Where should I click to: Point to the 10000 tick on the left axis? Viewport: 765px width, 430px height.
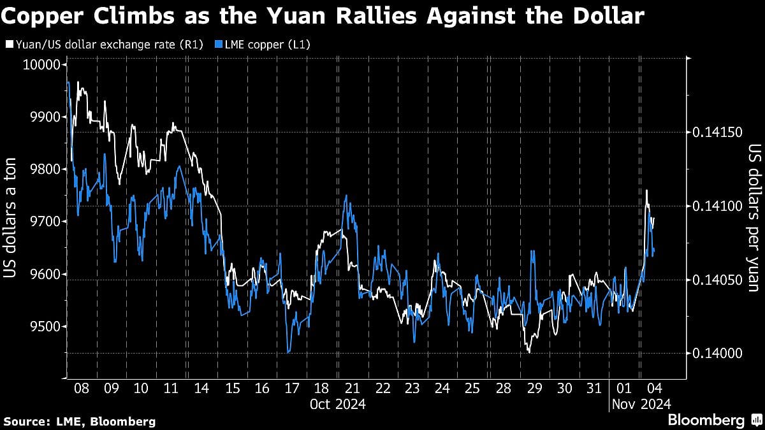(40, 65)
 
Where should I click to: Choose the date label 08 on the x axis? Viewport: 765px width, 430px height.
(81, 388)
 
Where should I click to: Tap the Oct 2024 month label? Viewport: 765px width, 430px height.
(337, 404)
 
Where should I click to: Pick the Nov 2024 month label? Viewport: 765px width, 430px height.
(641, 404)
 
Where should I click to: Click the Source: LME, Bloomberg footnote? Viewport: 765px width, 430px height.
(80, 421)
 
